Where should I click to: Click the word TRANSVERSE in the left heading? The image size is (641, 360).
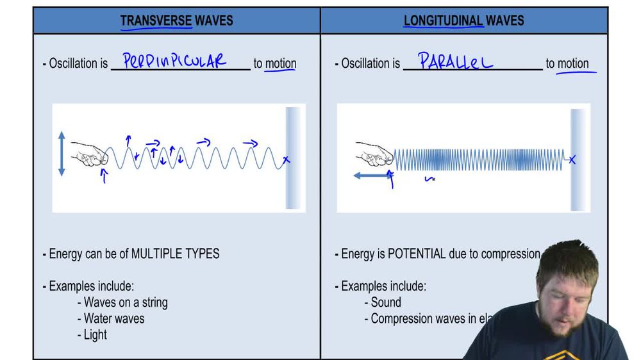point(156,20)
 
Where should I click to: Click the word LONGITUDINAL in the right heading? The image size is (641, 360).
point(443,20)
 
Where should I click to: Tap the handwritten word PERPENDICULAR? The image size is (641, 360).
point(174,61)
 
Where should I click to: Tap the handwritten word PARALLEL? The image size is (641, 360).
point(456,61)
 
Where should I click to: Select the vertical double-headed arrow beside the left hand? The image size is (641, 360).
point(62,153)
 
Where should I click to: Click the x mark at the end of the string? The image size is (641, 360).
point(286,160)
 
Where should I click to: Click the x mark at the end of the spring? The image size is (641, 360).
point(572,160)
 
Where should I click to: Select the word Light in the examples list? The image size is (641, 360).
point(96,334)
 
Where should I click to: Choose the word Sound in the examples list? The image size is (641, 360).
point(386,302)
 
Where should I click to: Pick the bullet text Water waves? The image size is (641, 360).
point(114,318)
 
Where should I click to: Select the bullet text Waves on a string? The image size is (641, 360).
point(126,302)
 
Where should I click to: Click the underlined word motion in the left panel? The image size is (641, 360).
point(281,63)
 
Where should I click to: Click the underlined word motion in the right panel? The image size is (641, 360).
point(573,63)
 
